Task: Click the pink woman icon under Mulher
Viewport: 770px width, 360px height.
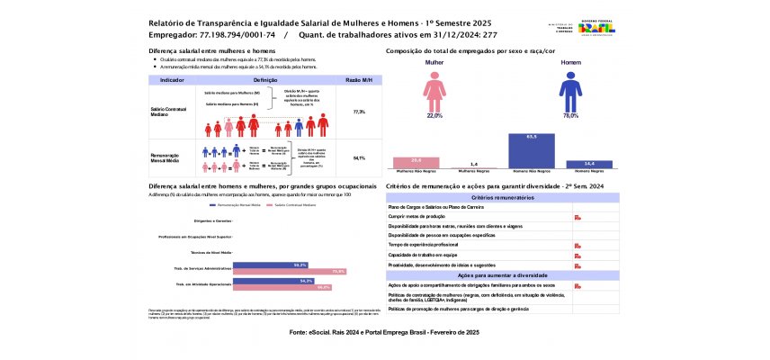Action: [x=434, y=92]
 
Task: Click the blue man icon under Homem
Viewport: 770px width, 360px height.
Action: [x=569, y=92]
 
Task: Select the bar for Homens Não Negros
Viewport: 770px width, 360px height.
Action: [x=531, y=149]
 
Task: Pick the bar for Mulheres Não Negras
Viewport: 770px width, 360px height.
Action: [x=416, y=162]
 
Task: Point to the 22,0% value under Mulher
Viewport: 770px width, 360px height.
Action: [x=434, y=116]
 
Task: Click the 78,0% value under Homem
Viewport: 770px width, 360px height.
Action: [x=569, y=116]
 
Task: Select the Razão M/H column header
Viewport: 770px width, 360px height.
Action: [x=359, y=80]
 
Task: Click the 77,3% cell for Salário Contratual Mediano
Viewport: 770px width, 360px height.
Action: [x=359, y=112]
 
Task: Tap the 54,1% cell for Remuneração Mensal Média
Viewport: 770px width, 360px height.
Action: [x=359, y=157]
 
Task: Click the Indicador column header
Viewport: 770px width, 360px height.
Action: [x=172, y=80]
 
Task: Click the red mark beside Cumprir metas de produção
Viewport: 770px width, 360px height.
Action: [x=576, y=217]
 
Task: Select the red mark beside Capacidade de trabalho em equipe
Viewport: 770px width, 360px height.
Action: [x=576, y=255]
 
